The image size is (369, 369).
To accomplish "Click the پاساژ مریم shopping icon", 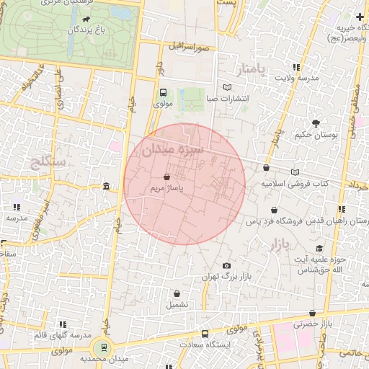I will coord(167,176).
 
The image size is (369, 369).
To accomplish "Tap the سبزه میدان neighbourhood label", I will coord(174,150).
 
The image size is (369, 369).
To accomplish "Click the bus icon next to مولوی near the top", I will coord(163,92).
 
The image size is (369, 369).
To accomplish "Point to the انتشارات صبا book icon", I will coord(228,87).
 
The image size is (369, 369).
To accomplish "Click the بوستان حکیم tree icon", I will coord(315,123).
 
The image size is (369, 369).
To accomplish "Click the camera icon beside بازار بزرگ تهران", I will coord(226,266).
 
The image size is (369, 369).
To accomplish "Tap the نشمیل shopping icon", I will coord(177,293).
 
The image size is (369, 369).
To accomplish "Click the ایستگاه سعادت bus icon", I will coord(205,334).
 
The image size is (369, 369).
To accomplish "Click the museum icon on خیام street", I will coord(107,187).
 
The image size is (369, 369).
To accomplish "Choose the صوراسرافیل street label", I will coord(189,47).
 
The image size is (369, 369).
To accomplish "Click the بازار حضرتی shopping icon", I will coord(312,313).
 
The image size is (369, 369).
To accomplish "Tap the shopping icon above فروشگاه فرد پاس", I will coord(267,168).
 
